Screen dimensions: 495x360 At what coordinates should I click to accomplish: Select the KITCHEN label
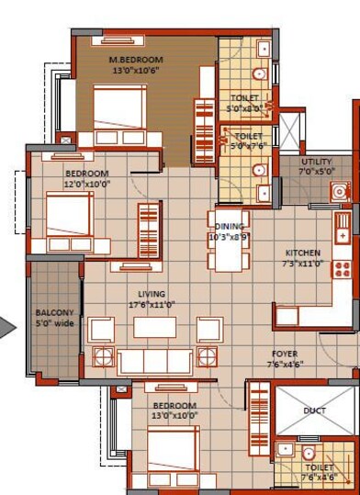(302, 253)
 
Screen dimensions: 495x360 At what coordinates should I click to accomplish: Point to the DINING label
(227, 227)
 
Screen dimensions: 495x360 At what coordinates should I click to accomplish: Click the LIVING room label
(152, 294)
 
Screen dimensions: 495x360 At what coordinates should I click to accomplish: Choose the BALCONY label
(54, 312)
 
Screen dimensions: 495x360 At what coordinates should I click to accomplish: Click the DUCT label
(314, 411)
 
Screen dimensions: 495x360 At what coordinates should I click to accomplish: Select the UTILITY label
(317, 162)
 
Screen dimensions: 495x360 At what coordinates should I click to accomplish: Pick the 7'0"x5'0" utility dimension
(318, 171)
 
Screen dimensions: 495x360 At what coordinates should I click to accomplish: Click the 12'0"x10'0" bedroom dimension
(86, 184)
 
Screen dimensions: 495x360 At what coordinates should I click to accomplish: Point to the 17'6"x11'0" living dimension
(152, 304)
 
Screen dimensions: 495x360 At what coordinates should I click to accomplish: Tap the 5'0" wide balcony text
(54, 323)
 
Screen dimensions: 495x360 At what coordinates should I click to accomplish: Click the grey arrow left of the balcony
(6, 327)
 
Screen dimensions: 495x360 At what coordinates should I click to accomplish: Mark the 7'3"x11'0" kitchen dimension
(302, 263)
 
